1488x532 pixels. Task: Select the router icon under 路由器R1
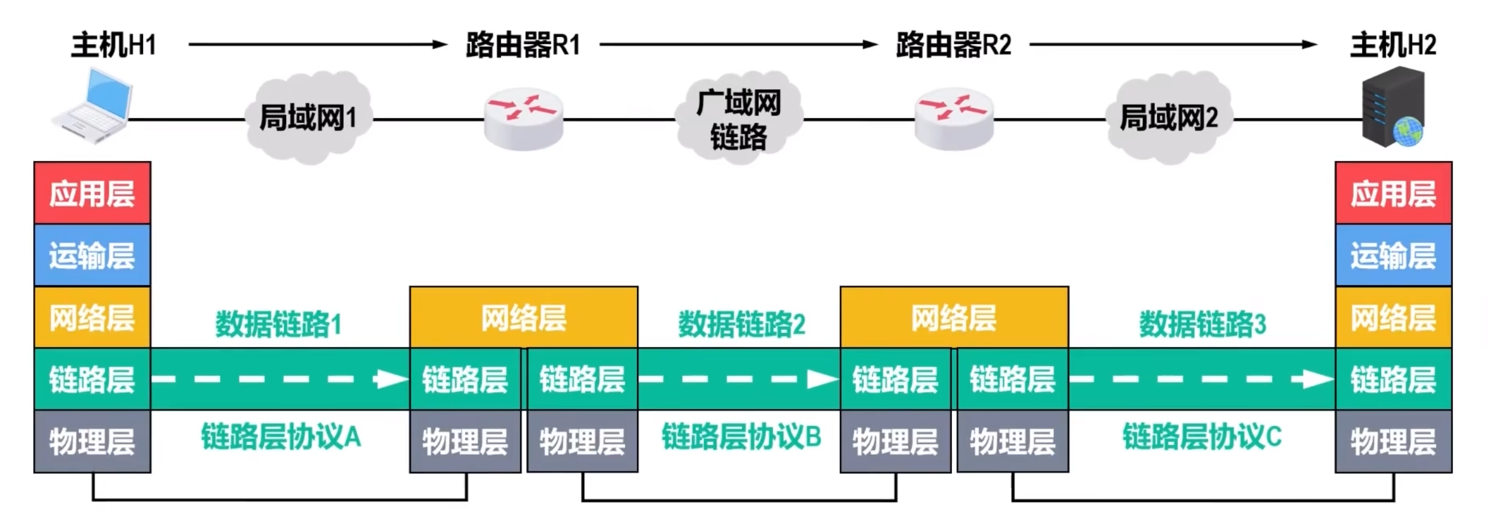523,120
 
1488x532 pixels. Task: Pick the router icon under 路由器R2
954,120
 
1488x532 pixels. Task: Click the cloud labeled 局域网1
308,117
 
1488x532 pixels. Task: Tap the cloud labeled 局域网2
1168,117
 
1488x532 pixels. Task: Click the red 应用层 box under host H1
92,193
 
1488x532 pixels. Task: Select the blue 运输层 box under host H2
1393,255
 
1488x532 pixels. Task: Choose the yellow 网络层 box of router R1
524,317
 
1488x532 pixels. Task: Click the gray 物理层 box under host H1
92,441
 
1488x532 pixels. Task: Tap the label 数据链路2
741,324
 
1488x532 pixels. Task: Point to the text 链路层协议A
281,437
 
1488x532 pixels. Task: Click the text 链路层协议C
1202,437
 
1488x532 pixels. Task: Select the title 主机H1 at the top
113,45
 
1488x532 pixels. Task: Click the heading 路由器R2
954,45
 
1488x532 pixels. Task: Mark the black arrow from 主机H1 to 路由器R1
317,44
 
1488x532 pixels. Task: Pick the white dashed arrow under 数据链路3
1201,379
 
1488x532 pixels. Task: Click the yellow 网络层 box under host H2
1393,317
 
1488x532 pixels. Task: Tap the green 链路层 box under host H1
92,379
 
